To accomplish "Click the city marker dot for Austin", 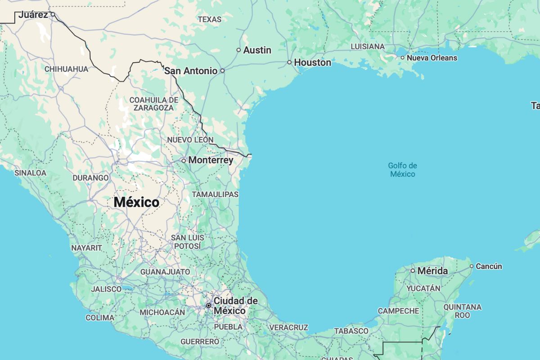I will point(238,50).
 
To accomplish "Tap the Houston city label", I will point(312,63).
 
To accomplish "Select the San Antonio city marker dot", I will point(222,71).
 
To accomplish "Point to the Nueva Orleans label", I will point(432,58).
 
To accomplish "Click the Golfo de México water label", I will point(402,170).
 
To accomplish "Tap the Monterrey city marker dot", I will point(184,160).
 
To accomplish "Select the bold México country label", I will point(136,202).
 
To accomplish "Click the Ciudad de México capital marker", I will point(209,306).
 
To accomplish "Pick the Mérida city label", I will point(432,271).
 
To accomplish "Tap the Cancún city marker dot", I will point(472,266).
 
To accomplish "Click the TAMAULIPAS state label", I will point(215,194).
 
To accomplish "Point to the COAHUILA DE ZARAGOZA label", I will point(153,103).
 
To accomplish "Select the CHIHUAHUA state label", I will point(66,69).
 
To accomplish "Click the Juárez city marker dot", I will point(53,14).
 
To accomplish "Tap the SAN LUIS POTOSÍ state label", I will point(188,242).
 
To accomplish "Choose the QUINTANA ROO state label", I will point(462,311).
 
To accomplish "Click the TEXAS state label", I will point(210,19).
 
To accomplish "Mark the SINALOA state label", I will point(30,173).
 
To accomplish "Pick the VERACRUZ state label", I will point(289,328).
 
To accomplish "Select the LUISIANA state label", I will point(367,46).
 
